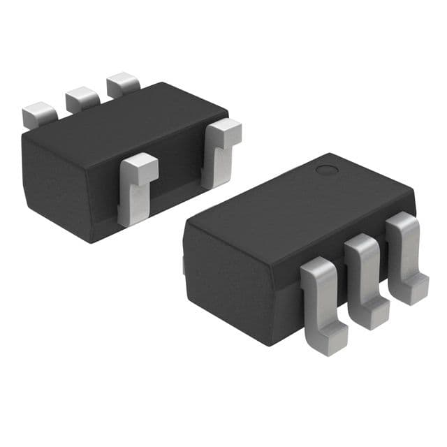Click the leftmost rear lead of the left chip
pyautogui.click(x=39, y=114)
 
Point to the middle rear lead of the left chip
pyautogui.click(x=82, y=98)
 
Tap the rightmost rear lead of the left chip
pyautogui.click(x=123, y=85)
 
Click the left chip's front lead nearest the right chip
pyautogui.click(x=221, y=150)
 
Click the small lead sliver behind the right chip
pyautogui.click(x=184, y=264)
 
